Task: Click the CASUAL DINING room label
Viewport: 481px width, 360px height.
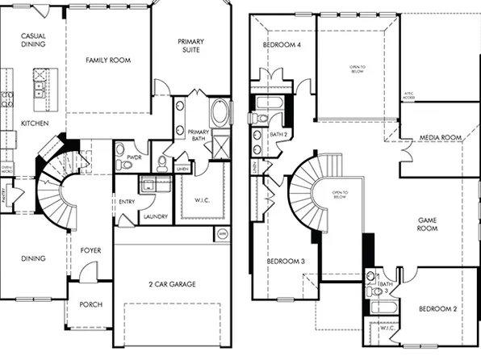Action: pos(32,40)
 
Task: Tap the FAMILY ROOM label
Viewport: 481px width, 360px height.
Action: pos(108,60)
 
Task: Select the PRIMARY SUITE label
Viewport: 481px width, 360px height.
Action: pos(190,46)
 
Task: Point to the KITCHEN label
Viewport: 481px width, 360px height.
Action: pos(35,123)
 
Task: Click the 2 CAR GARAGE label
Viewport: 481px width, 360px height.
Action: pos(172,284)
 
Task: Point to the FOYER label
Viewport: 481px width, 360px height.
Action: pos(90,250)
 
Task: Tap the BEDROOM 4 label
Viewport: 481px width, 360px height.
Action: pos(282,44)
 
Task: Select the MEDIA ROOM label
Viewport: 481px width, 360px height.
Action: pos(441,138)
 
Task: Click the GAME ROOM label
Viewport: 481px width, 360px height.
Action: pos(427,224)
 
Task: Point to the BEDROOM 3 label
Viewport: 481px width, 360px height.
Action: pos(285,261)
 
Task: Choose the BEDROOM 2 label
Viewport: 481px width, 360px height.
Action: pos(438,309)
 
